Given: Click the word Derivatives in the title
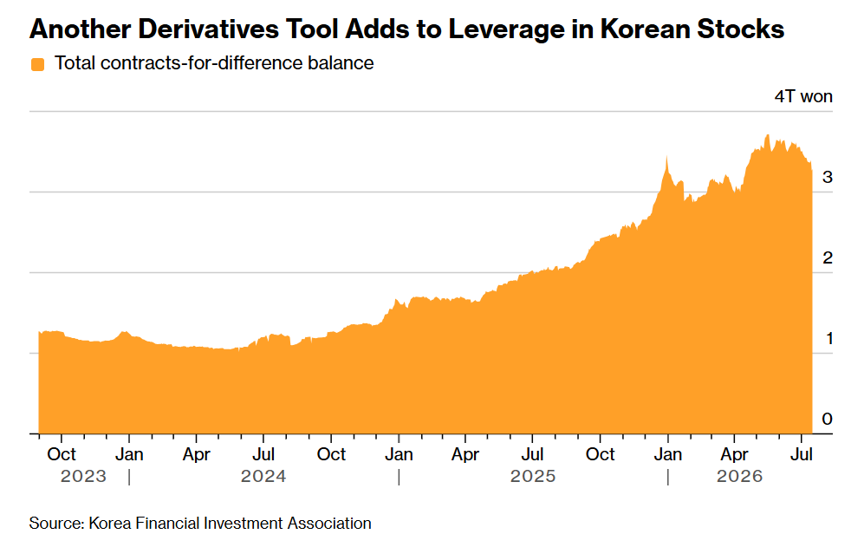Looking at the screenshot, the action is tap(208, 29).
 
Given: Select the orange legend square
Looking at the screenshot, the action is tap(37, 64).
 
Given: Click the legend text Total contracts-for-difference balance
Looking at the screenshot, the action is tap(214, 63).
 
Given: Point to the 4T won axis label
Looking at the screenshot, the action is tap(803, 96).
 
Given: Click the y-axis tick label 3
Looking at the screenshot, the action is tap(827, 177).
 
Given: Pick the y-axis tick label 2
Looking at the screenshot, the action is tap(827, 257).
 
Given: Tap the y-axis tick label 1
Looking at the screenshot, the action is tap(828, 338).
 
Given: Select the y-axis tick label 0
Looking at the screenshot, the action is tap(827, 419).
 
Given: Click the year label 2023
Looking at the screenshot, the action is tap(83, 476).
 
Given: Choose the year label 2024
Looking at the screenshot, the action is tap(263, 476).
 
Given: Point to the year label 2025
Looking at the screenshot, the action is tap(533, 476).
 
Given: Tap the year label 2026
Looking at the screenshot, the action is tap(739, 476).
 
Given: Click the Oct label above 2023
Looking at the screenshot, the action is tap(62, 454).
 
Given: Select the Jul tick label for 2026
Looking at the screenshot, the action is tap(802, 454).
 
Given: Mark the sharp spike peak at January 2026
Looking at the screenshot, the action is tap(666, 157).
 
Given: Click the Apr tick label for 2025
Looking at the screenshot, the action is tap(465, 454).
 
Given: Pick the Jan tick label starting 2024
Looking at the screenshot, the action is tap(129, 454).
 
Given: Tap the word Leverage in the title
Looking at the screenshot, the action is tap(506, 29).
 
